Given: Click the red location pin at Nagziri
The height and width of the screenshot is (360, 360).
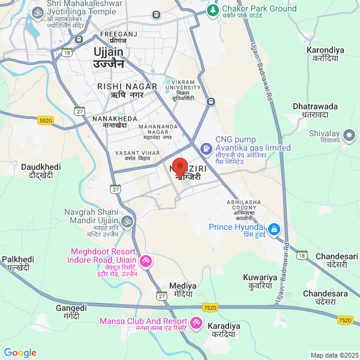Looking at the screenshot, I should coord(180,166).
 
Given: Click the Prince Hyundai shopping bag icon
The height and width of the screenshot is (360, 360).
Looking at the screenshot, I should coord(274,229).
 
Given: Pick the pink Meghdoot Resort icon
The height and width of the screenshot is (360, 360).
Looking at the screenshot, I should coord(146,262).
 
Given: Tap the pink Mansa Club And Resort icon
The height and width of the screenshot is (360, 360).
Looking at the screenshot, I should coord(196,323).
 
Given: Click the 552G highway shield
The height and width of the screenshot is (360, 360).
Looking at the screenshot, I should coord(45,121).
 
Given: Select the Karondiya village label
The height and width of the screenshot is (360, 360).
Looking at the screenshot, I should coord(326,54).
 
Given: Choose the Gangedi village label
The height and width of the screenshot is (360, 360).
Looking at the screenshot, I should coord(71,311).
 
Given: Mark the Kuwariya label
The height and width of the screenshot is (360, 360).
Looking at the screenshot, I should coord(260,281).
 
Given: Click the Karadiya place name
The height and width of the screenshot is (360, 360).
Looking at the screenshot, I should coord(222,331).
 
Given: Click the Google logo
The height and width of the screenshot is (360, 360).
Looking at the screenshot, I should coord(20,353).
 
